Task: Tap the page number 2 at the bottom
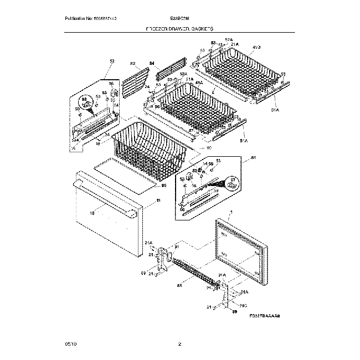[179, 344]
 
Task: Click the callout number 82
[132, 64]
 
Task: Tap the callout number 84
[152, 64]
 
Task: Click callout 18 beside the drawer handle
[92, 213]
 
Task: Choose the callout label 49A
[198, 83]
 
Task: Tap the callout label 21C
[244, 305]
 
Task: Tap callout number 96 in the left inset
[111, 84]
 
